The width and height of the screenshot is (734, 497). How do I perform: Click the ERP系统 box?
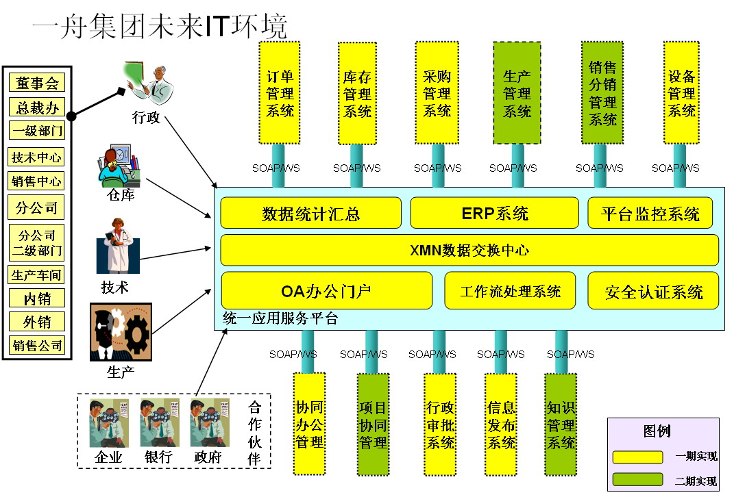[495, 213]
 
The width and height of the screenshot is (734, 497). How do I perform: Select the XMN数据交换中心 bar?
[469, 250]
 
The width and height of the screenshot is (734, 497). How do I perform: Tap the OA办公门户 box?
[326, 291]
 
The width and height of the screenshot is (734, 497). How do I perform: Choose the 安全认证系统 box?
[653, 291]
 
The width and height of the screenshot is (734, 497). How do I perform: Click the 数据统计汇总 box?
[310, 213]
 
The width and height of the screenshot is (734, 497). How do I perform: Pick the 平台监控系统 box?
[650, 213]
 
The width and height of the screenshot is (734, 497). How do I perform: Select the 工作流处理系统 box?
[512, 291]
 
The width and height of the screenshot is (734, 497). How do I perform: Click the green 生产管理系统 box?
[517, 92]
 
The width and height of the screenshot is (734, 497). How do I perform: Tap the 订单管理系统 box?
[279, 92]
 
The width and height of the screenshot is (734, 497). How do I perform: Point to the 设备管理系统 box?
[681, 92]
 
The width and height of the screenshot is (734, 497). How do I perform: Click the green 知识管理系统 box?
[561, 424]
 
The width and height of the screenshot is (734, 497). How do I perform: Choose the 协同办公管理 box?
[309, 424]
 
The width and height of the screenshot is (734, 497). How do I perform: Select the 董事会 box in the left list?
[37, 84]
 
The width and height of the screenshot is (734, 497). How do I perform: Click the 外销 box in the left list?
[37, 322]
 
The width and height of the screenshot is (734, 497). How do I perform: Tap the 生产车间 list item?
[37, 275]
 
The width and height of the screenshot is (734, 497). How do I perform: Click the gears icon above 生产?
[121, 332]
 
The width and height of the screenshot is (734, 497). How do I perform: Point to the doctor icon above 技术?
[118, 246]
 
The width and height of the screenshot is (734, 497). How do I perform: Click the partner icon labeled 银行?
[159, 422]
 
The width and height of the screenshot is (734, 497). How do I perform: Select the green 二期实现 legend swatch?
[637, 479]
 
